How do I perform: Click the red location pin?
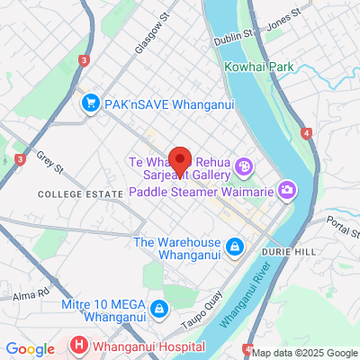click(x=180, y=160)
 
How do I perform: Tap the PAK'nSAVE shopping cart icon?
click(x=89, y=104)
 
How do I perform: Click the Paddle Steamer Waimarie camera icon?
click(x=287, y=189)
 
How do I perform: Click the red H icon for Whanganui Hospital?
click(x=80, y=345)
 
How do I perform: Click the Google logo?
click(x=30, y=349)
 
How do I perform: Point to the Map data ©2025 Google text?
click(x=305, y=353)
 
